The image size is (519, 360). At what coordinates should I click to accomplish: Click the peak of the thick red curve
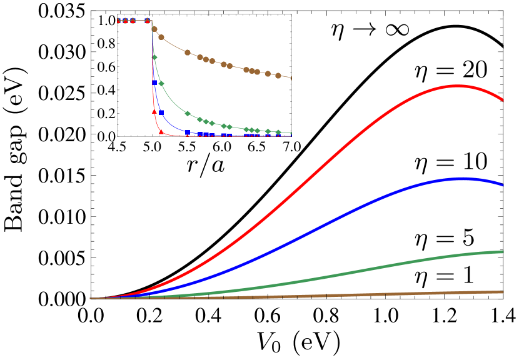(x=458, y=86)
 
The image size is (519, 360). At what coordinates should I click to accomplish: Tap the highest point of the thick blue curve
(x=461, y=179)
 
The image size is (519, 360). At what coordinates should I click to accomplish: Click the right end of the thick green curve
(x=503, y=252)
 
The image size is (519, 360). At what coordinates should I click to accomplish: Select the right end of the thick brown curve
(x=503, y=292)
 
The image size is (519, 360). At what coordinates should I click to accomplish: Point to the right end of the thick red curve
(x=503, y=99)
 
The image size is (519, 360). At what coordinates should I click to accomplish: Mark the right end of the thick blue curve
(x=503, y=185)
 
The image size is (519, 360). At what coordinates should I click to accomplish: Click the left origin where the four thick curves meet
(x=91, y=299)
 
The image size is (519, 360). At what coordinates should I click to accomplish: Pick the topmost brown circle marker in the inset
(x=154, y=29)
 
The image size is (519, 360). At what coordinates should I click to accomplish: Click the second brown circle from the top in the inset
(x=161, y=37)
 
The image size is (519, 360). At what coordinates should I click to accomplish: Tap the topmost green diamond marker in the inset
(x=154, y=57)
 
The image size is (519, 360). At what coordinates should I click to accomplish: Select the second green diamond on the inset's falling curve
(x=161, y=83)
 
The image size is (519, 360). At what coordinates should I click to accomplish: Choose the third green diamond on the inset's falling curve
(x=188, y=113)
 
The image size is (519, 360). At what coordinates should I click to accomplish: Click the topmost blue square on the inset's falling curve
(x=154, y=82)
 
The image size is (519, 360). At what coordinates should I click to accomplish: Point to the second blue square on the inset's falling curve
(x=161, y=112)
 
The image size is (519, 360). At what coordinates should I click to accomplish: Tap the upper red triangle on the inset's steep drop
(x=154, y=111)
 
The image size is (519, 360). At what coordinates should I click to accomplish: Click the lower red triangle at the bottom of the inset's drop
(x=161, y=131)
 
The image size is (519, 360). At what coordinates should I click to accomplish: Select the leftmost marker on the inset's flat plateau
(x=119, y=21)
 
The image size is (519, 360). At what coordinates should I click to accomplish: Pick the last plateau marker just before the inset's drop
(x=148, y=21)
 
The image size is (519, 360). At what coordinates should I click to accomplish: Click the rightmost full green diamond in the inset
(x=278, y=132)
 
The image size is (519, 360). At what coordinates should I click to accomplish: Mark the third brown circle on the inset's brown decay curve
(x=188, y=52)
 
